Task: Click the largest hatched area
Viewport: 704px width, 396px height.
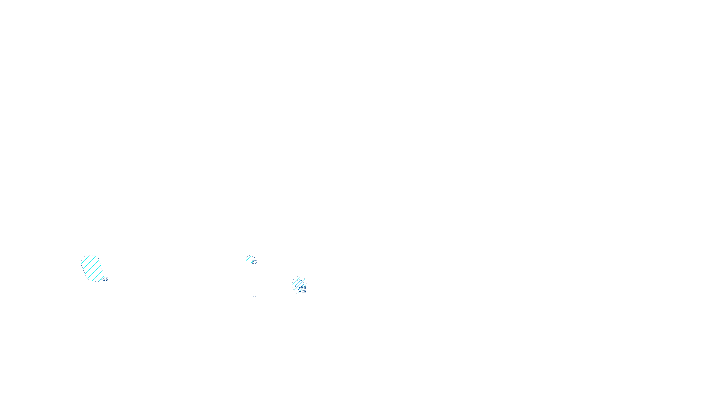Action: [92, 268]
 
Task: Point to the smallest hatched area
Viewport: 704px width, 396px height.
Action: [249, 259]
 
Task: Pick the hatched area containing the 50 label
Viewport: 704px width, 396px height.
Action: [298, 284]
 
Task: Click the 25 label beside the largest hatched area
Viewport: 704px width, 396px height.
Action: [105, 279]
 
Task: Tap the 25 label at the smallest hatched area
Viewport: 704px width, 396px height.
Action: [254, 262]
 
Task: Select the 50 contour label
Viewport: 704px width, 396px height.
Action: [303, 287]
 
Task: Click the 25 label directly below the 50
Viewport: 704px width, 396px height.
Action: [304, 292]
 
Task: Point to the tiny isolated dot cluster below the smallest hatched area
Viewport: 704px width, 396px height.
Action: [254, 297]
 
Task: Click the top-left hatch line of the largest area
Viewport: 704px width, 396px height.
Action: [85, 260]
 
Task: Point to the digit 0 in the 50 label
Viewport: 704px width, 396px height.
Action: [304, 287]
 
